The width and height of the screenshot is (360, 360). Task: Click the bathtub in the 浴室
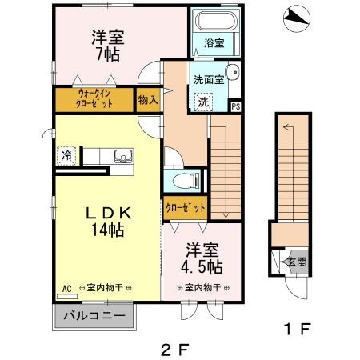(213, 22)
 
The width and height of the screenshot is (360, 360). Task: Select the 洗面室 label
(209, 80)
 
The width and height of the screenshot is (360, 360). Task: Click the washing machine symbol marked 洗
(203, 102)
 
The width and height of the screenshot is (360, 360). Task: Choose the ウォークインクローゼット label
(94, 99)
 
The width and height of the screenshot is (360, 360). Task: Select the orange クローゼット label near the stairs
(186, 207)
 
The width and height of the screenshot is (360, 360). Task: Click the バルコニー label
(94, 315)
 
